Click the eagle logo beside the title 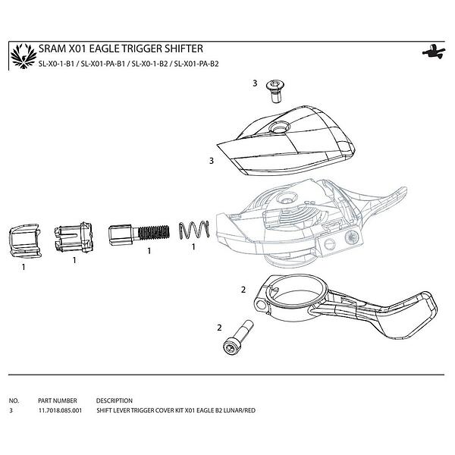point(24,56)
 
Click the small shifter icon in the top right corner point(434,52)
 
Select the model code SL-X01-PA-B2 point(196,64)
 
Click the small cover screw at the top point(275,91)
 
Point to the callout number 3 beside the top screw point(255,83)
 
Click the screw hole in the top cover point(279,127)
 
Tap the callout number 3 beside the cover point(212,161)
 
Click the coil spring point(194,230)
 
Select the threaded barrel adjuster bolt point(139,234)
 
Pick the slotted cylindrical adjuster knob point(74,237)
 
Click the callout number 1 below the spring point(193,247)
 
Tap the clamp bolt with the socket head point(237,337)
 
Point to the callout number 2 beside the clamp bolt point(219,328)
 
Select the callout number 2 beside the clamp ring point(243,290)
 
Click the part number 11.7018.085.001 point(61,410)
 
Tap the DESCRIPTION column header point(115,400)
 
